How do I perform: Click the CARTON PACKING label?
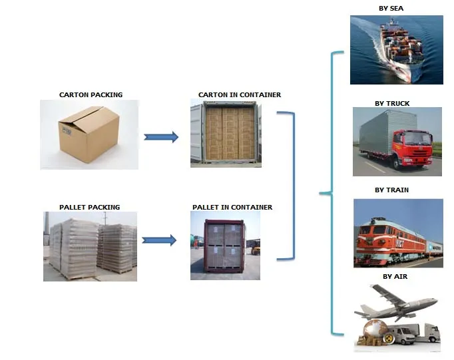[91, 94]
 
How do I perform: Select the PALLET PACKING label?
[89, 207]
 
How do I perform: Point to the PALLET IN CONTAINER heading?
[232, 207]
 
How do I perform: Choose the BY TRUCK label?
[391, 103]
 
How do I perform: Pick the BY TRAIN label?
[391, 190]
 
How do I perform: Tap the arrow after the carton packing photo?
[161, 137]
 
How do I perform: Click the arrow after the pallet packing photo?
[160, 240]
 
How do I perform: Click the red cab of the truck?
[412, 150]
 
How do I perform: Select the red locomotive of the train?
[382, 243]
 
